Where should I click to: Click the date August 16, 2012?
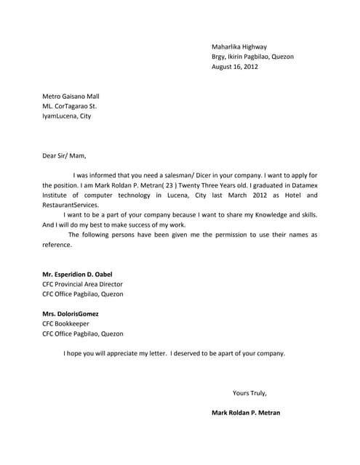[234, 67]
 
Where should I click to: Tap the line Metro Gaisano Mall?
[71, 96]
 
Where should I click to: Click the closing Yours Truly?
[249, 393]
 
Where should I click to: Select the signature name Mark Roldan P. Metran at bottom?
[245, 413]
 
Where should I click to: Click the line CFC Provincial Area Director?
[82, 284]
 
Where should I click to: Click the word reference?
[57, 245]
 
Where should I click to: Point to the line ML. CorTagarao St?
[69, 106]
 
